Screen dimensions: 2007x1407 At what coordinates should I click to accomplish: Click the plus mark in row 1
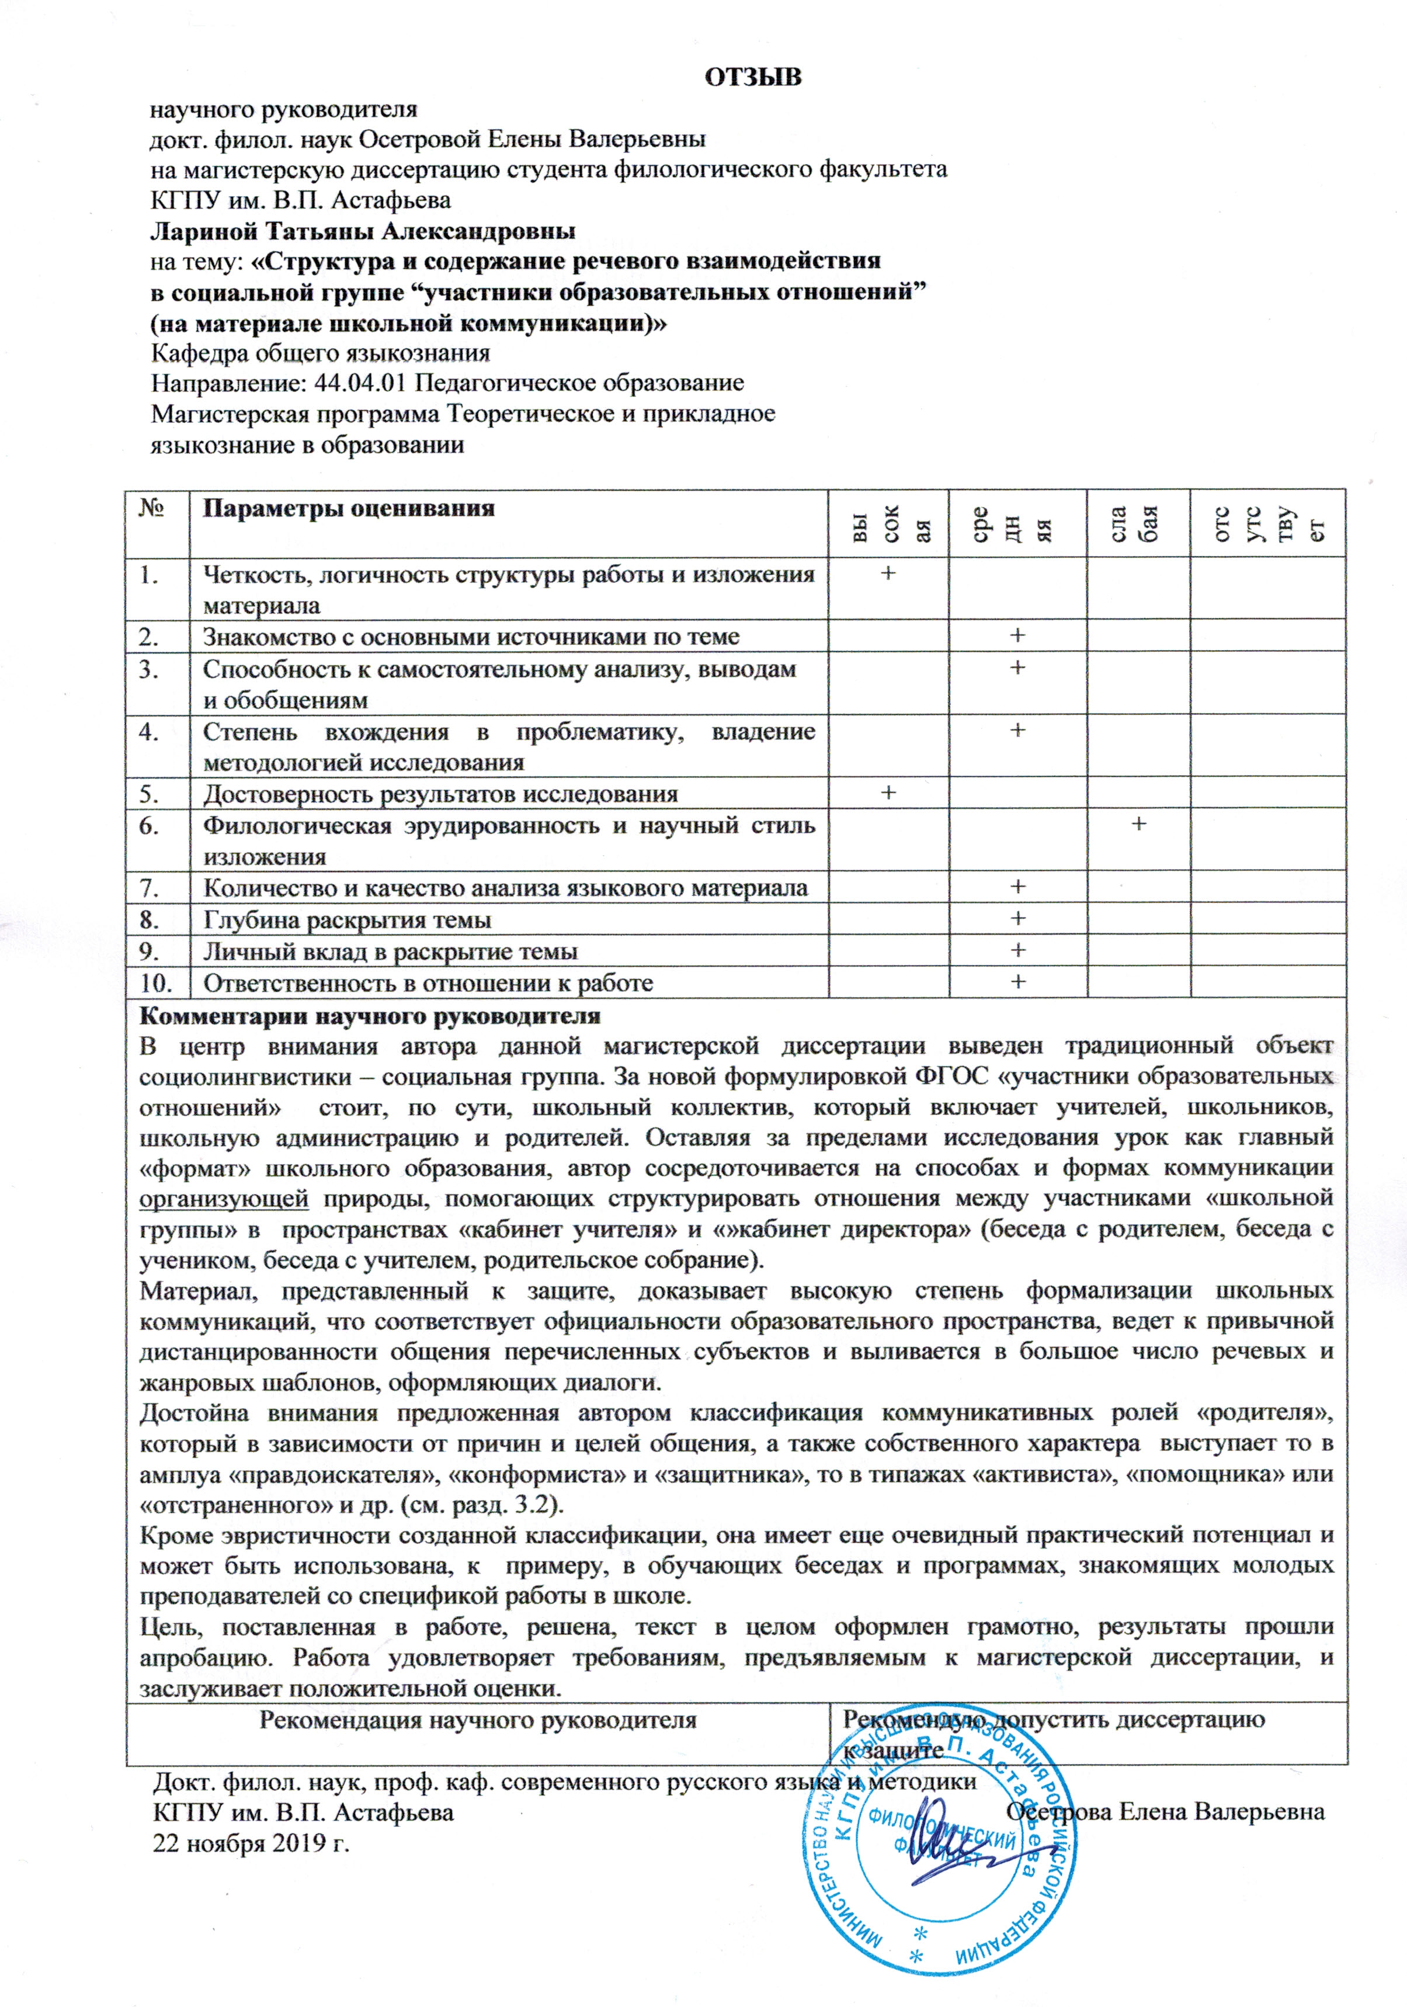[888, 574]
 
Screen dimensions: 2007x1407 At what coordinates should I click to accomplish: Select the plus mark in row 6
[1138, 824]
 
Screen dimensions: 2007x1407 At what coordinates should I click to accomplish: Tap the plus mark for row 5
[888, 792]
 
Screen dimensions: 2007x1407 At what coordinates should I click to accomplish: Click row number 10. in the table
[155, 982]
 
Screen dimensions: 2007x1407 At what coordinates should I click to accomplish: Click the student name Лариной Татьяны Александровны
[363, 232]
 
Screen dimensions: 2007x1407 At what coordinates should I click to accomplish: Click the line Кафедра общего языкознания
[320, 353]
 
